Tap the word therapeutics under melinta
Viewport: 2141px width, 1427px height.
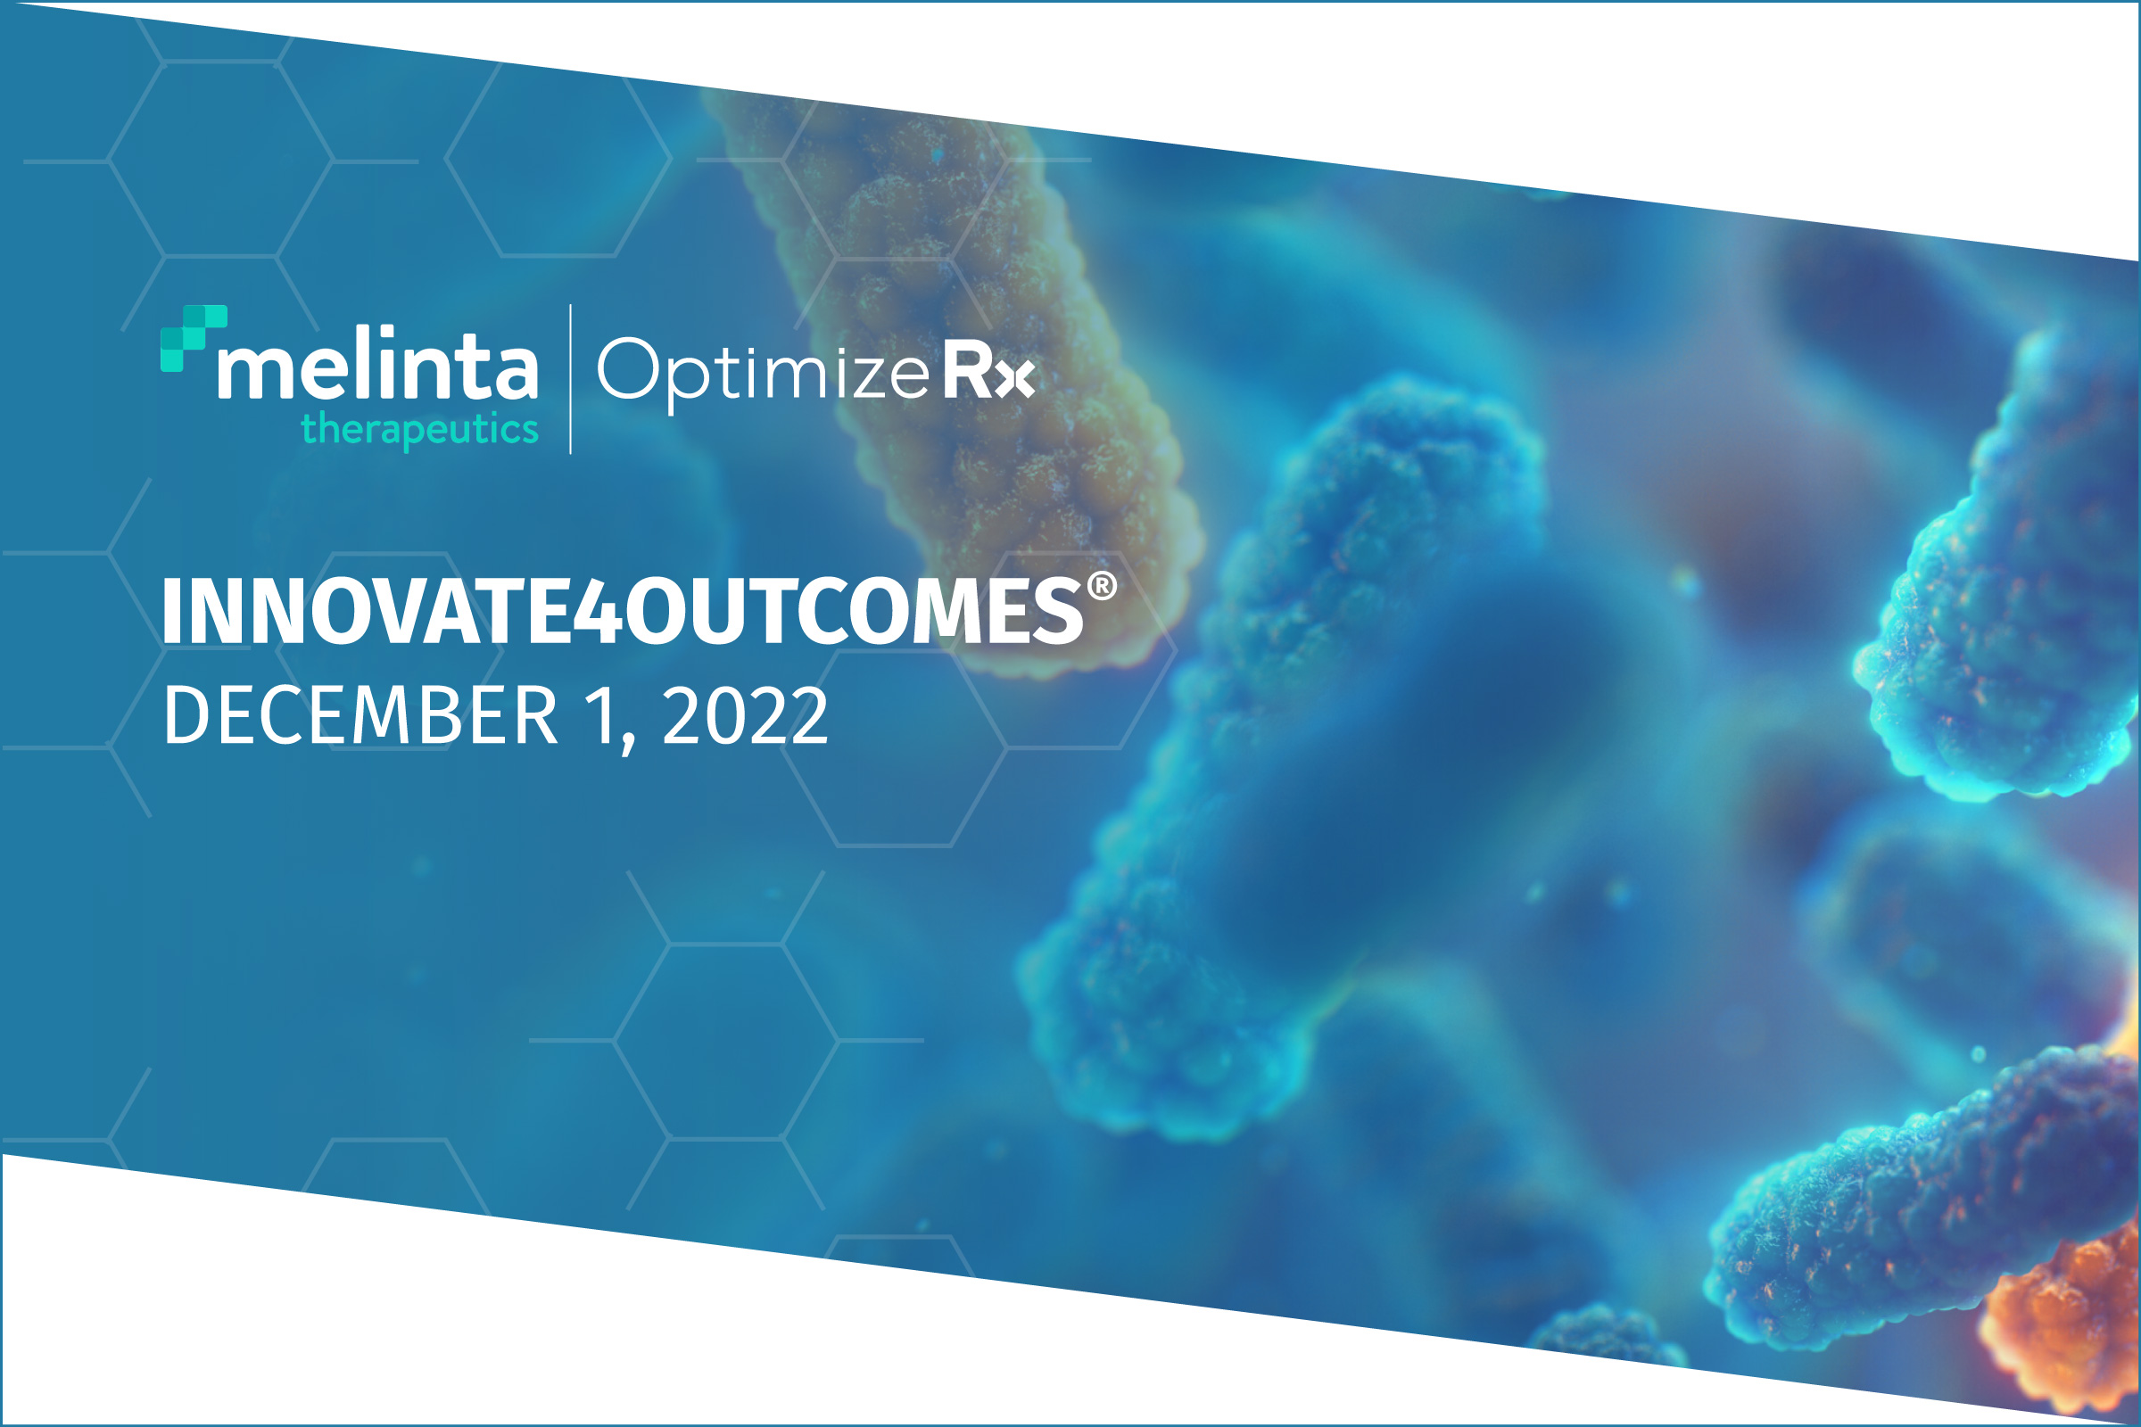419,430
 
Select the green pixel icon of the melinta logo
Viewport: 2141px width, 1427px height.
193,339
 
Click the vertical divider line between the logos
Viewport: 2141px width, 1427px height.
571,378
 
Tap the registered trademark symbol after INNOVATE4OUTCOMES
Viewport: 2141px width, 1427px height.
1103,586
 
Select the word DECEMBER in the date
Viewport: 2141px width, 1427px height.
360,715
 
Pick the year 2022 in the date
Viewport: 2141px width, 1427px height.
746,715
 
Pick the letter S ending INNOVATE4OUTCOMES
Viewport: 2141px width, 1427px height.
1059,611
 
